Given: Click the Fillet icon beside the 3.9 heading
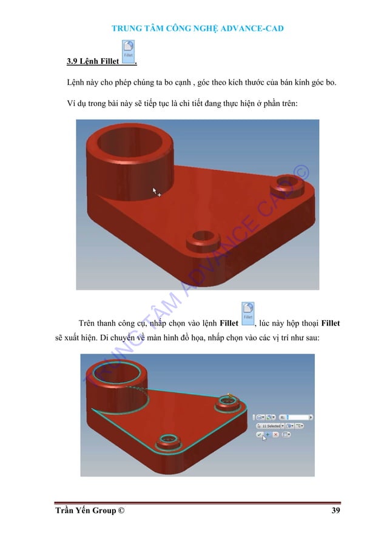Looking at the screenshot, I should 129,52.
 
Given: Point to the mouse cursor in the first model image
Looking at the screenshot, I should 156,192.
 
